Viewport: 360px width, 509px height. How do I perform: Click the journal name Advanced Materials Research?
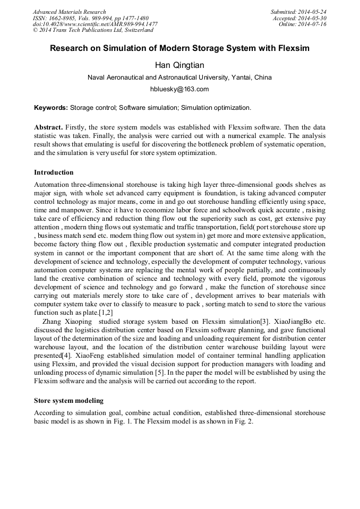(69, 12)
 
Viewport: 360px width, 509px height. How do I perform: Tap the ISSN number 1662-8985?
(64, 18)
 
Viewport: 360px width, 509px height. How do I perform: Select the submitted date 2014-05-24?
(313, 12)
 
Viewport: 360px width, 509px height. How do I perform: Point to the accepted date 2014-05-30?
(313, 18)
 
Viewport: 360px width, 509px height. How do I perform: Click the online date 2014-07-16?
(313, 24)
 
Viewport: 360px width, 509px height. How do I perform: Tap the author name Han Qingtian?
(179, 65)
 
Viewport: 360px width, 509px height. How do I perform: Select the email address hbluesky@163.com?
(179, 89)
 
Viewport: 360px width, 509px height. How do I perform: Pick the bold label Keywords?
(50, 108)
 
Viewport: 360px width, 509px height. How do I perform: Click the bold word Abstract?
(48, 128)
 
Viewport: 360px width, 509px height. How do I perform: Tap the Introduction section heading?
(54, 172)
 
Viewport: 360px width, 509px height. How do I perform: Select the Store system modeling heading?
(68, 400)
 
